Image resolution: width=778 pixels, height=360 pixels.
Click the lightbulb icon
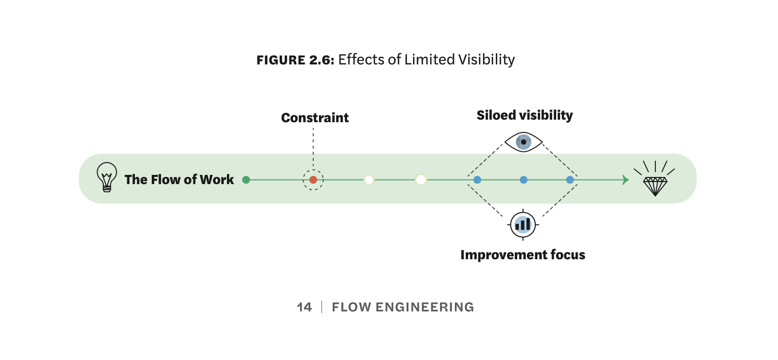(106, 177)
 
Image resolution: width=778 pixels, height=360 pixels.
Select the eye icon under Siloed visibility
(523, 142)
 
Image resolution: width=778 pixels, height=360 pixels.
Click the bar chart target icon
(523, 224)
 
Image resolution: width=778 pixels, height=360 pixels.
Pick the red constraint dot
(313, 179)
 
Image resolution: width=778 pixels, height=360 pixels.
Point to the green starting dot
(246, 179)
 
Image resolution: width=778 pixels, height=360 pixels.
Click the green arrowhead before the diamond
(626, 179)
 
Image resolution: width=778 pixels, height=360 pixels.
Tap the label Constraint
(315, 118)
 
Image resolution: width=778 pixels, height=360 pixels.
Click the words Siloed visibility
(524, 115)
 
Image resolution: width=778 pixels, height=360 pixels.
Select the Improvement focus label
(522, 255)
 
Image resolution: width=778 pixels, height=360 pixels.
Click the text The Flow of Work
(179, 179)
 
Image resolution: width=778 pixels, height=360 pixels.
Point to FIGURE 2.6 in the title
(295, 60)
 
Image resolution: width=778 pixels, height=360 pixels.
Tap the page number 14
(304, 307)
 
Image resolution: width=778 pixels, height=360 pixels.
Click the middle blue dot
(523, 179)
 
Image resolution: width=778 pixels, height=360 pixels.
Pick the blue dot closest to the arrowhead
(570, 179)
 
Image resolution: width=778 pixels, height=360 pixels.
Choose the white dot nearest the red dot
(369, 179)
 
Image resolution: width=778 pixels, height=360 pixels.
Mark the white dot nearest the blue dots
(421, 179)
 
